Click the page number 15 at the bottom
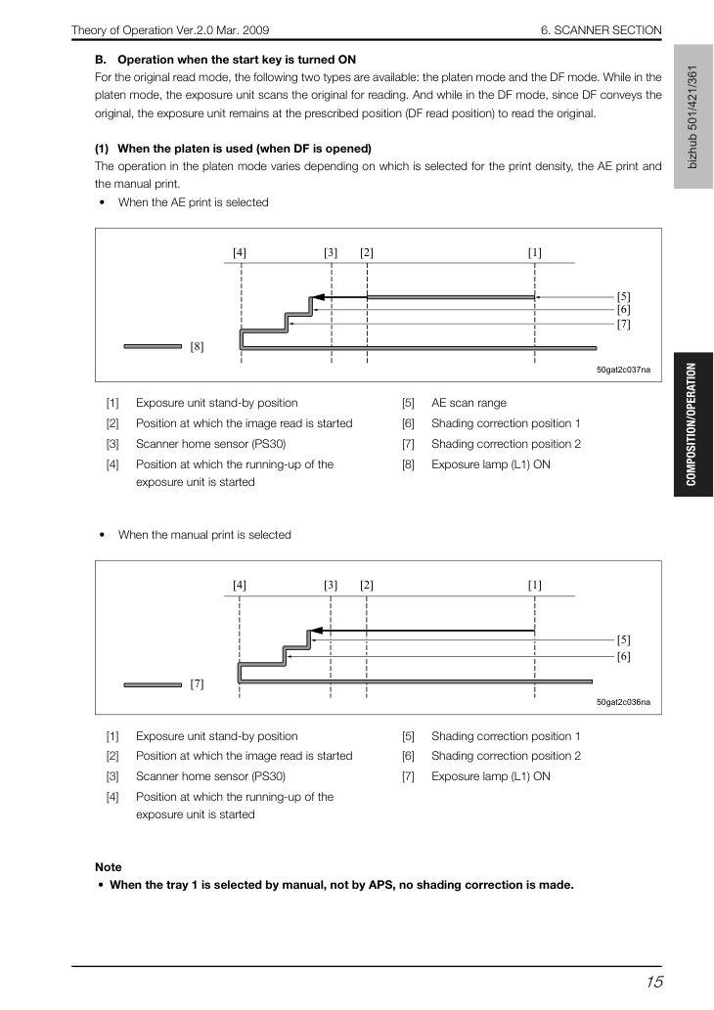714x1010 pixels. coord(654,982)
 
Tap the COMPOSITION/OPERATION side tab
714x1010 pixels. coord(692,424)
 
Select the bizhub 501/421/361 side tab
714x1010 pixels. coord(692,116)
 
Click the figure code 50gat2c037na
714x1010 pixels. coord(623,370)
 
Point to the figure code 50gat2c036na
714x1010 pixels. coord(623,702)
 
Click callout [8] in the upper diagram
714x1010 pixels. coord(197,346)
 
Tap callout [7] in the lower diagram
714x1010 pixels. coord(197,684)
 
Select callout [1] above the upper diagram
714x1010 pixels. coord(535,252)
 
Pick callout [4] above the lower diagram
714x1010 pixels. coord(239,585)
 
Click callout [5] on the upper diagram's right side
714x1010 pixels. coord(623,297)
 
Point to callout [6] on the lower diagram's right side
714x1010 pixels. coord(623,656)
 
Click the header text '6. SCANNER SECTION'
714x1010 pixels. coord(602,30)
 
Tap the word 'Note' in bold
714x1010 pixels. coord(109,867)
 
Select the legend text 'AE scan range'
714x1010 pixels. coord(469,403)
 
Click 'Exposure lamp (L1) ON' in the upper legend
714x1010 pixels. coord(490,464)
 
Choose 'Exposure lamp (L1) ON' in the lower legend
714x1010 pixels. coord(490,776)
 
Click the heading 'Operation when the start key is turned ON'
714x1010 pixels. coord(237,60)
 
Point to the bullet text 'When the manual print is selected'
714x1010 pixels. coord(204,535)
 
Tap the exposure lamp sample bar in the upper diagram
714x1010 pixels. coord(153,346)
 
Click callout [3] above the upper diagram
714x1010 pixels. coord(331,252)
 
